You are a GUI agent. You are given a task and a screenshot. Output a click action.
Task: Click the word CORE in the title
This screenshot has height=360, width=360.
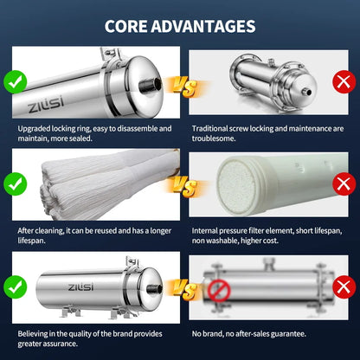[125, 26]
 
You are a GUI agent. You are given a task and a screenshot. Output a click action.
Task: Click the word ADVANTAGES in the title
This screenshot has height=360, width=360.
[203, 26]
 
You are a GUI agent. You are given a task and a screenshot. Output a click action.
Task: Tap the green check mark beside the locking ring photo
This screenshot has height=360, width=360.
[16, 82]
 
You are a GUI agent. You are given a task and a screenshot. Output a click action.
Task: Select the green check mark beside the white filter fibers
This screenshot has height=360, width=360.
[16, 184]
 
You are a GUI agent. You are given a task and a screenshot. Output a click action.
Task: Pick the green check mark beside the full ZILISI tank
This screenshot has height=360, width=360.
[16, 287]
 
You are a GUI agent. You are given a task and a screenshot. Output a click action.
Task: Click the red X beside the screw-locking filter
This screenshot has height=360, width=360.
[344, 82]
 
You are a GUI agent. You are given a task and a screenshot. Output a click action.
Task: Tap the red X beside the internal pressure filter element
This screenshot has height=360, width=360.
[344, 184]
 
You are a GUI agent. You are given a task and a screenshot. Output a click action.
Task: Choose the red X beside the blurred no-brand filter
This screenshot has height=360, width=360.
[344, 287]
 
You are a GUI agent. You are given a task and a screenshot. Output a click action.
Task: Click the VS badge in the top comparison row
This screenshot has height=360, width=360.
[185, 87]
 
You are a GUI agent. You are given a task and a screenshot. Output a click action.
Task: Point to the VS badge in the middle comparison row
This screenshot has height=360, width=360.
[185, 186]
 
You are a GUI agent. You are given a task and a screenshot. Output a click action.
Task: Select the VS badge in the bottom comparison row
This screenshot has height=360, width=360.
[185, 289]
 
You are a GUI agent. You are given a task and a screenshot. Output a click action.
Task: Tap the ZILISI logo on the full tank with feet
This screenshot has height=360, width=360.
[80, 287]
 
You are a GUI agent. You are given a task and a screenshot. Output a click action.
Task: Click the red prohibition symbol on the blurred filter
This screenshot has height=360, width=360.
[220, 291]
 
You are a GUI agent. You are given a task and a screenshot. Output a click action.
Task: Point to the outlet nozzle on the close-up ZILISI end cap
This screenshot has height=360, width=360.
[150, 85]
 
